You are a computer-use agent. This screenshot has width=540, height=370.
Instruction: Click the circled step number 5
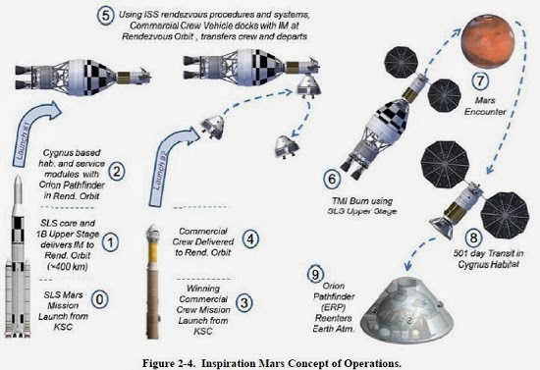pyautogui.click(x=107, y=16)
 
